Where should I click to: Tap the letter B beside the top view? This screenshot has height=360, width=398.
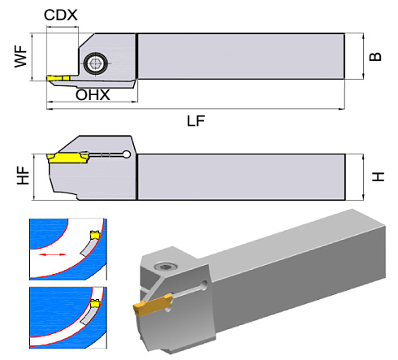[374, 57]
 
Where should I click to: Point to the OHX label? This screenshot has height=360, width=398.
[93, 96]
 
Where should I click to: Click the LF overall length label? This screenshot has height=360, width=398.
[195, 120]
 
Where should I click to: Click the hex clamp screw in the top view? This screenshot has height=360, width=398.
[96, 61]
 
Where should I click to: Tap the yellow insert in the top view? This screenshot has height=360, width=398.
[56, 79]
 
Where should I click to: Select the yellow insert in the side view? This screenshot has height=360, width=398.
[67, 156]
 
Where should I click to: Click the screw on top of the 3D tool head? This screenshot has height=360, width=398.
[166, 265]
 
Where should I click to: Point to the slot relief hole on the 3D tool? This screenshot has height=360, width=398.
[201, 285]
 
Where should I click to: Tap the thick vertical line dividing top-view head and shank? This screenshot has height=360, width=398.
[136, 56]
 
